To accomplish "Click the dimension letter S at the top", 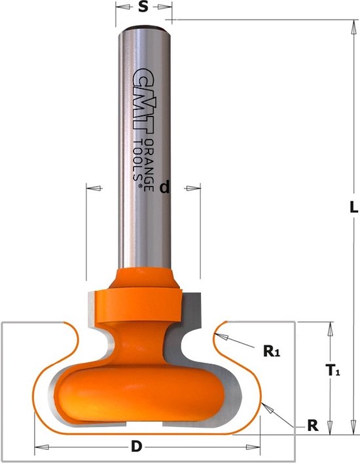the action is pos(143,7).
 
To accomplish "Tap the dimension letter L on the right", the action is pos(353,207).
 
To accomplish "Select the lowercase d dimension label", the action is pos(165,187).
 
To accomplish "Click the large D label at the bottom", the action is pos(136,447).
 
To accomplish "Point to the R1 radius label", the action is pos(272,351).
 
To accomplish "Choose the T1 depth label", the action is pos(333,370).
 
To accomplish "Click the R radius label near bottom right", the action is pos(313,426).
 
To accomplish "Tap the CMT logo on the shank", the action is pos(143,99).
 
